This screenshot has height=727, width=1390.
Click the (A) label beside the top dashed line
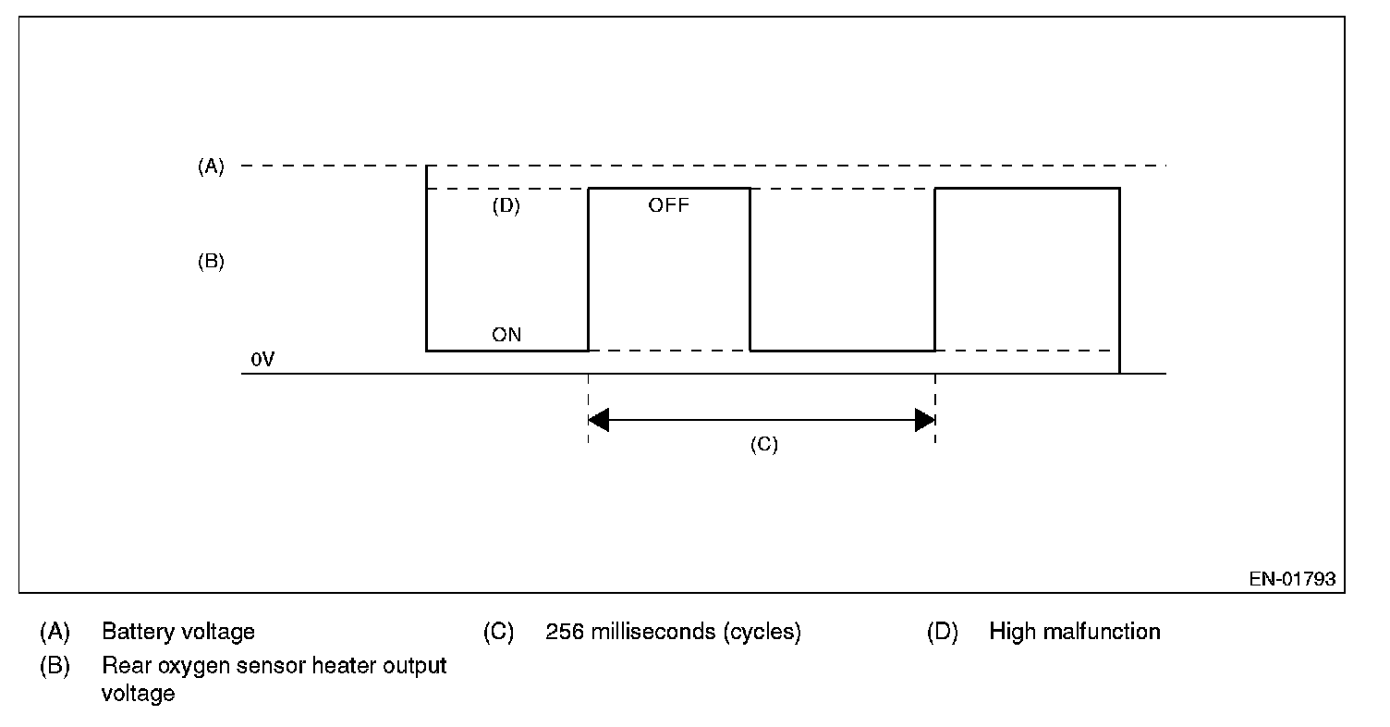click(211, 166)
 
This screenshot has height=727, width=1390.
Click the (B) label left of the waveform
click(211, 261)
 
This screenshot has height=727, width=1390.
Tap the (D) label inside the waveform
click(506, 205)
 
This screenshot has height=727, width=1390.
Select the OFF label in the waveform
click(668, 205)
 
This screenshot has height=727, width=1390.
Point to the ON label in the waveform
click(506, 335)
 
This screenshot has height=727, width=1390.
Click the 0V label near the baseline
click(262, 360)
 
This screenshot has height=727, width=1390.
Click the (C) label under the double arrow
click(764, 445)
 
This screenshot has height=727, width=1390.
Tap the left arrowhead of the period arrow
click(598, 420)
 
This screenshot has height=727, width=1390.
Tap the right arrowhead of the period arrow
click(925, 420)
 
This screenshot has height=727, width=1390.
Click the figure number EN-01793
click(1292, 579)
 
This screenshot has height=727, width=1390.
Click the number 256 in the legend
click(565, 632)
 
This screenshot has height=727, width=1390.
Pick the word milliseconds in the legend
click(653, 632)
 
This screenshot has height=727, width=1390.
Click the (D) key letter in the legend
click(943, 632)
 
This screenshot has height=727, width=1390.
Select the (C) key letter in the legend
click(499, 632)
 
